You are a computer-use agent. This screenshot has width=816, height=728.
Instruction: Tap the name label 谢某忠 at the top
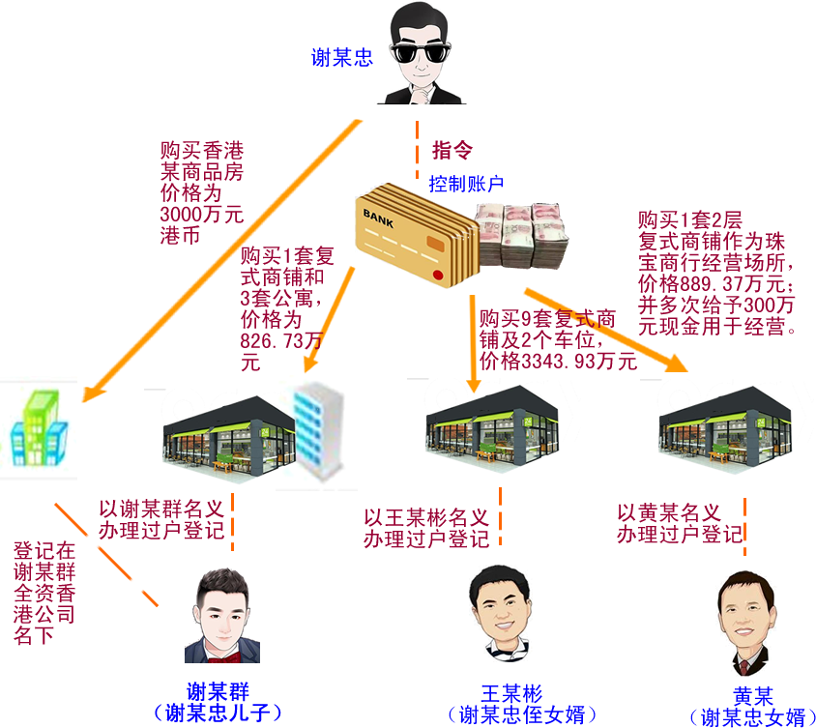point(341,58)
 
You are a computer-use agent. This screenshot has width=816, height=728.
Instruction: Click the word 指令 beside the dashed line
point(452,150)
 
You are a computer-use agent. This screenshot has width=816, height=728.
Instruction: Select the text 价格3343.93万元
point(558,362)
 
